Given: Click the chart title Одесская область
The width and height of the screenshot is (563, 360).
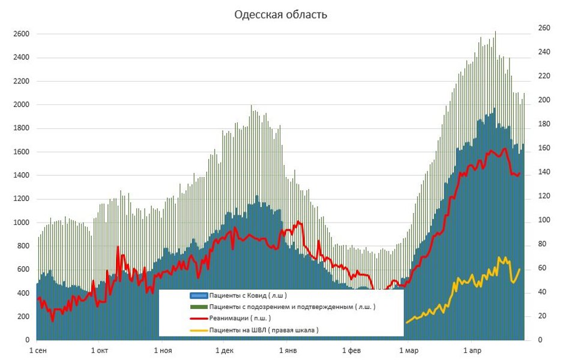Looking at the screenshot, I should pos(280,15).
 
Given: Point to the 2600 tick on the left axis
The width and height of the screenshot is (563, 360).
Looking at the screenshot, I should pos(20,34).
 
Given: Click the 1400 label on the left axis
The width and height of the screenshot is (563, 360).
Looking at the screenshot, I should pos(20,175).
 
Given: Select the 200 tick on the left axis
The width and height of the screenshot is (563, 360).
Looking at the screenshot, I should pos(22,316).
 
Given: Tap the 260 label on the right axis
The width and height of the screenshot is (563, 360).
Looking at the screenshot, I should pos(543,28).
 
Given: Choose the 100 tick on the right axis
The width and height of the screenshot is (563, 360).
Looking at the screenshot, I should pos(543,220).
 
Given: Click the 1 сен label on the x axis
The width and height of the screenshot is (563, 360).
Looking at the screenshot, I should pos(38,349).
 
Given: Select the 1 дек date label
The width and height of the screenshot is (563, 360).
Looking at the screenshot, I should pos(223,349).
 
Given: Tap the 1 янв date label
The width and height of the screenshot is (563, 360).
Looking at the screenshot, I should pos(286,349).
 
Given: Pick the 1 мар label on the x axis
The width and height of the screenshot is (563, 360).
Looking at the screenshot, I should pos(408,349).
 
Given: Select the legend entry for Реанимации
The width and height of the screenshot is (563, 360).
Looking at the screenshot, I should pos(240,318).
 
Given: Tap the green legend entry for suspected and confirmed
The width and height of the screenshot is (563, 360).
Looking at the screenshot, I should pos(292,307).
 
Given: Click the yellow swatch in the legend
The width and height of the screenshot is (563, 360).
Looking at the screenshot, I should pos(199,329).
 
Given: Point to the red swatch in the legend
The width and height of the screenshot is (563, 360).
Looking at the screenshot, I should pos(199,318).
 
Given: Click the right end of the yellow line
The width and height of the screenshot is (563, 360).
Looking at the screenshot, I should pos(520,269).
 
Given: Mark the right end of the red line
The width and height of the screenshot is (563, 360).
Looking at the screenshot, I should pos(520,173).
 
